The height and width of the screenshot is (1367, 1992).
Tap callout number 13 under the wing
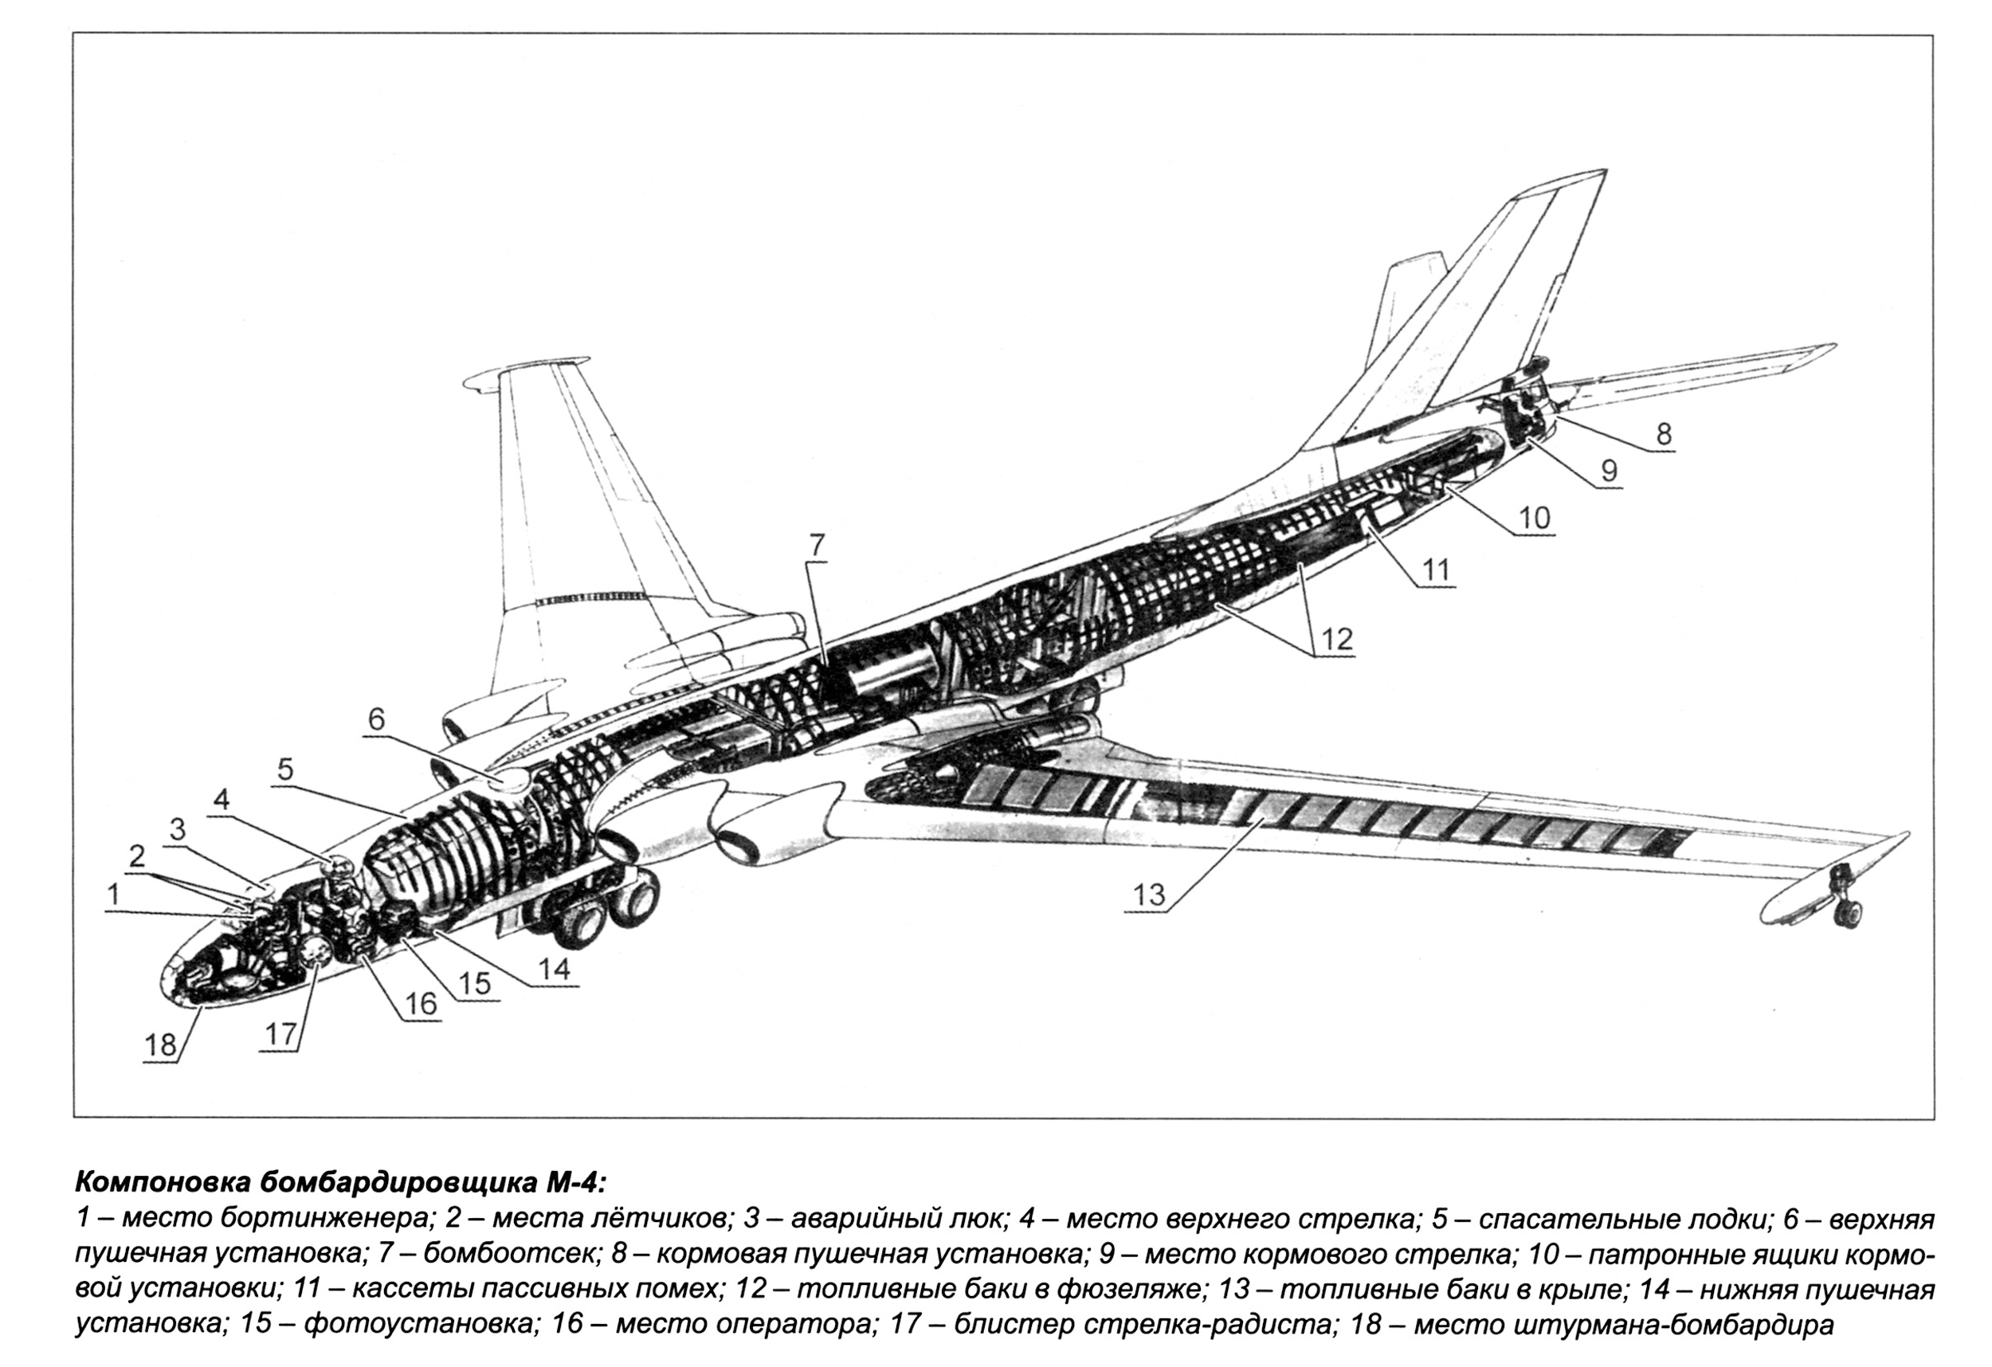[1150, 894]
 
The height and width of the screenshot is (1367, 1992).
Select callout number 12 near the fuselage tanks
[1336, 639]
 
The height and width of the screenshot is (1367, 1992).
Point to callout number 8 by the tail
[1663, 434]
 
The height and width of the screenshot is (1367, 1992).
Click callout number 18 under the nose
[160, 1044]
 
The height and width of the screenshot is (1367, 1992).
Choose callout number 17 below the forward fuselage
[280, 1036]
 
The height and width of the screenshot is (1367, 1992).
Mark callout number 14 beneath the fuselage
[554, 969]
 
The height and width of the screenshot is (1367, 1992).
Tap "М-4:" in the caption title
[575, 1183]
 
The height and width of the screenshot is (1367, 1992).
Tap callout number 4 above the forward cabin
[222, 801]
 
